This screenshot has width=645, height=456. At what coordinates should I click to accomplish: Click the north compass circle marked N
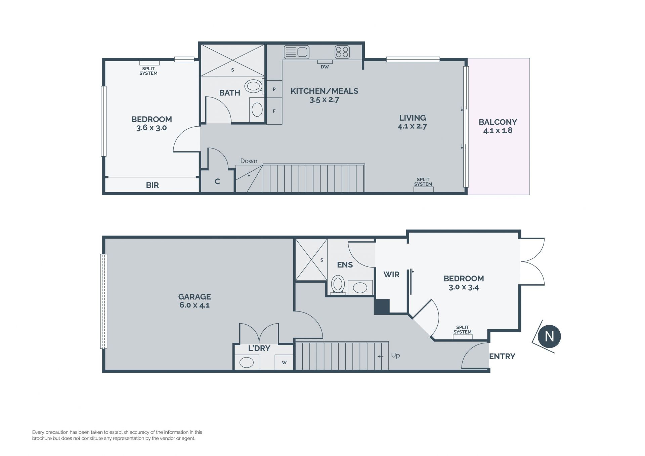pyautogui.click(x=549, y=336)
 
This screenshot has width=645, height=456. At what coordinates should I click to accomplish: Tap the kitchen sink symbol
pyautogui.click(x=296, y=52)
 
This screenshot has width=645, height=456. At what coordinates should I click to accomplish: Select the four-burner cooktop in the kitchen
pyautogui.click(x=342, y=52)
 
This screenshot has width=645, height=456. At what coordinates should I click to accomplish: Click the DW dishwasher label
pyautogui.click(x=325, y=67)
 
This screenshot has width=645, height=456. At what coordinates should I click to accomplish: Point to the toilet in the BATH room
pyautogui.click(x=254, y=86)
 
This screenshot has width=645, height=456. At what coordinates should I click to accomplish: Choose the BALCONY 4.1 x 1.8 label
pyautogui.click(x=498, y=126)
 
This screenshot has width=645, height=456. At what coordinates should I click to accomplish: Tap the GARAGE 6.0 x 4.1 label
pyautogui.click(x=195, y=301)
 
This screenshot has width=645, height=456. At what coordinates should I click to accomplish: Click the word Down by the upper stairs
pyautogui.click(x=249, y=161)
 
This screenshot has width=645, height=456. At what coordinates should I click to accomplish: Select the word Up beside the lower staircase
pyautogui.click(x=395, y=355)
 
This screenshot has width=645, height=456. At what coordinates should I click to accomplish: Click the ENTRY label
pyautogui.click(x=502, y=356)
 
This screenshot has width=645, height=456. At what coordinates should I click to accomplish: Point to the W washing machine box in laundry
pyautogui.click(x=284, y=362)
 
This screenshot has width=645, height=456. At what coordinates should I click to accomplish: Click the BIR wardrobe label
pyautogui.click(x=152, y=185)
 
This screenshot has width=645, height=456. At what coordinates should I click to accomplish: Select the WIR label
pyautogui.click(x=391, y=275)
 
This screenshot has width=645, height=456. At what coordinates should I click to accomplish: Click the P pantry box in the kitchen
pyautogui.click(x=274, y=89)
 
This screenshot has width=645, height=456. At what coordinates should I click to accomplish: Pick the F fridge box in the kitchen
pyautogui.click(x=274, y=111)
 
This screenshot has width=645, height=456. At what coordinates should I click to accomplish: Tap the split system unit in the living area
pyautogui.click(x=423, y=189)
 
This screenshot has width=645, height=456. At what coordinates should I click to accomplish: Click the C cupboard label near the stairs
pyautogui.click(x=217, y=181)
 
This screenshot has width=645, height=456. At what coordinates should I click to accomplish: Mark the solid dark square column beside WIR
pyautogui.click(x=382, y=306)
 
